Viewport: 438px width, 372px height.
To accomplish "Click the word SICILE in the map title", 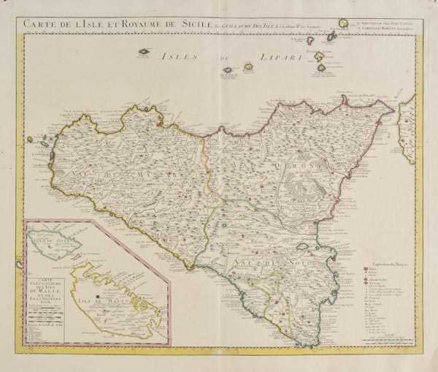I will [x=188, y=25].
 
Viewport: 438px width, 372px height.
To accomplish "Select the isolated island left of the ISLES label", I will [x=145, y=51].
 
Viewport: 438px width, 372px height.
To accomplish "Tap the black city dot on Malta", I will [x=99, y=296].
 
